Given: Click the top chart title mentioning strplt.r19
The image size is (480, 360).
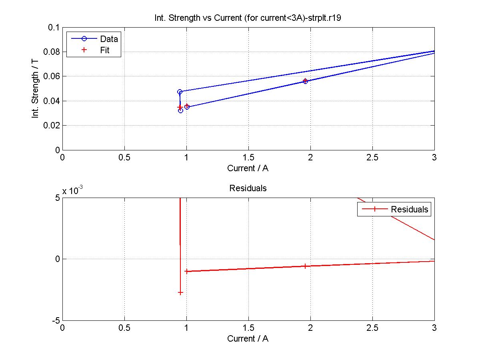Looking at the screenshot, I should tap(248, 18).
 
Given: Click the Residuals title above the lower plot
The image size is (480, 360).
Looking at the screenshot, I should tap(248, 188).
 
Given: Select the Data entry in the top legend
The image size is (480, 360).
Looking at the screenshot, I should tap(109, 39).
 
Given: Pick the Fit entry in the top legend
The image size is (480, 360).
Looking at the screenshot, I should tap(105, 50).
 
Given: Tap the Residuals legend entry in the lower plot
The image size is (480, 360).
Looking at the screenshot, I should tap(409, 209).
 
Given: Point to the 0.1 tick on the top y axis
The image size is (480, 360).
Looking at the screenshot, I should tap(54, 28).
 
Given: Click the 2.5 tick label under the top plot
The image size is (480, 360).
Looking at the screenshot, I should tap(372, 158).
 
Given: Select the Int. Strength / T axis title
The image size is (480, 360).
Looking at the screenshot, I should tap(35, 88).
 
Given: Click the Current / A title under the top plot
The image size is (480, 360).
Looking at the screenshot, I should tap(248, 168).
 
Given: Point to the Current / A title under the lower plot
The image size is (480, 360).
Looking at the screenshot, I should tap(248, 338).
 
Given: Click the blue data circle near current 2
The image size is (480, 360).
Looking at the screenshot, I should tap(305, 81).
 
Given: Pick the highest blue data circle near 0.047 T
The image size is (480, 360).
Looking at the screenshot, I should tap(180, 92).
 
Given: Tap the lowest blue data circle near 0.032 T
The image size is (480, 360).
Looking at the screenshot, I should tap(180, 110).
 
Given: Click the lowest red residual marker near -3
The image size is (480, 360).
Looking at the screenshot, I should tap(180, 293).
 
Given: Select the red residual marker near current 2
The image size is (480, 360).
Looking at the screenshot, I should tap(305, 266).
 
